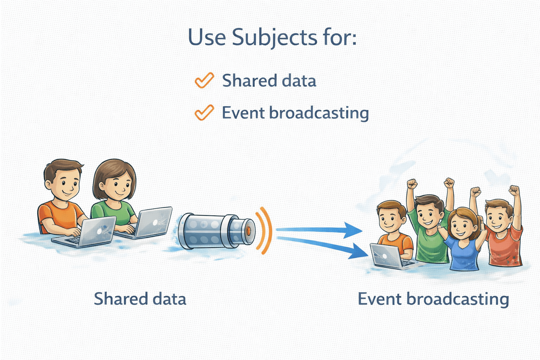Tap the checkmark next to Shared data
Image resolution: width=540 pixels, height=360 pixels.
[204, 80]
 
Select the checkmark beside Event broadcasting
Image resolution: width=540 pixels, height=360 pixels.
[204, 112]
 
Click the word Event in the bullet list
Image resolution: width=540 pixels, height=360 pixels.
[243, 113]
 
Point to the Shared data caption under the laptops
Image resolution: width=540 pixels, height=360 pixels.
[140, 299]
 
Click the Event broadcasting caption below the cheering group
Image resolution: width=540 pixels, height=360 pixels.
[433, 299]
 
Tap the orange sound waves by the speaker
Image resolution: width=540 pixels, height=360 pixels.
[265, 230]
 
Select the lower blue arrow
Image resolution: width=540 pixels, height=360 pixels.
[323, 246]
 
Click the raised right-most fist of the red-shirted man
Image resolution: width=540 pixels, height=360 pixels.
[514, 191]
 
